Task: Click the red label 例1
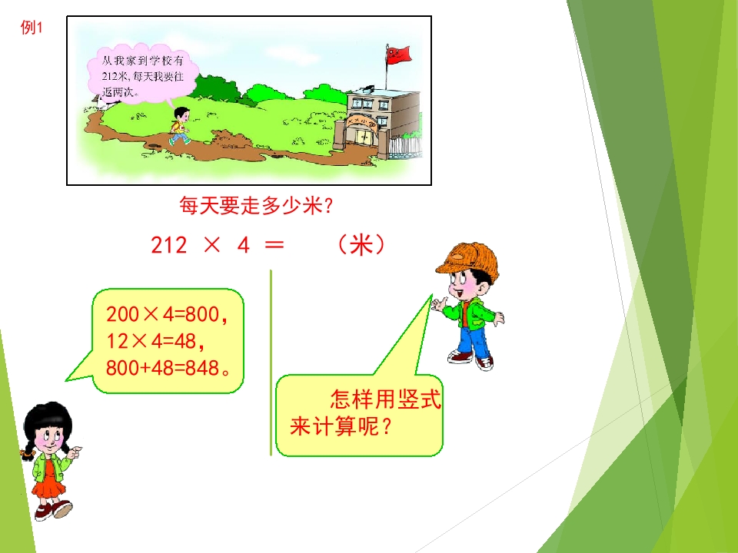(x=31, y=28)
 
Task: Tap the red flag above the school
(x=398, y=55)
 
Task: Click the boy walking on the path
(x=180, y=125)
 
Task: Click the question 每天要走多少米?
(x=257, y=206)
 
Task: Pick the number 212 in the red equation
(x=169, y=245)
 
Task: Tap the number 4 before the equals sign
(x=244, y=245)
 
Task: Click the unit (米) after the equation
(x=361, y=244)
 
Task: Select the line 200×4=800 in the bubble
(x=167, y=315)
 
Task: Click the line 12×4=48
(x=155, y=341)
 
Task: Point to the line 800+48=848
(x=168, y=368)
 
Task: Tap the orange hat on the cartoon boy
(x=467, y=259)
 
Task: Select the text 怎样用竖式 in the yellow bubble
(x=385, y=399)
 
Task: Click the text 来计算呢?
(x=341, y=427)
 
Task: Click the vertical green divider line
(x=271, y=363)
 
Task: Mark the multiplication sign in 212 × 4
(x=212, y=244)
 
